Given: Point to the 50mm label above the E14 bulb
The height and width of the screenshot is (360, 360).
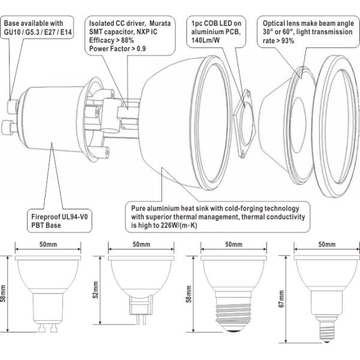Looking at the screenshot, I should tap(327, 245).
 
